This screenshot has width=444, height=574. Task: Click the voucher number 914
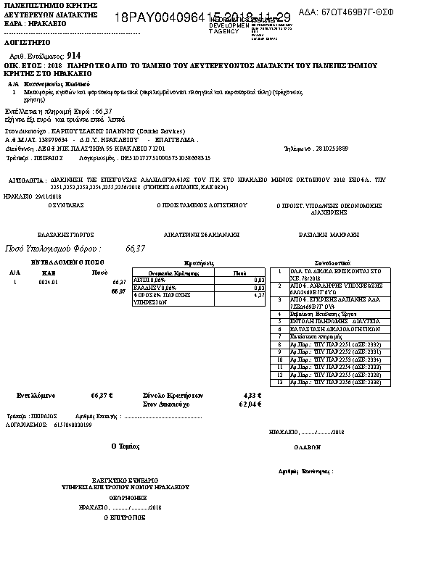click(73, 55)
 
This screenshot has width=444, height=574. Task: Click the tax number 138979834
click(53, 139)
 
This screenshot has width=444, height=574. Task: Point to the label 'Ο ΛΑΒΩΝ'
click(308, 448)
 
